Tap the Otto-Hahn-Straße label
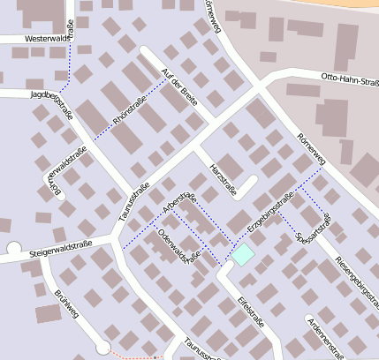click(x=350, y=79)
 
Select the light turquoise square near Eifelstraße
click(x=242, y=256)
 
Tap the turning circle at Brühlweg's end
click(x=104, y=348)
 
